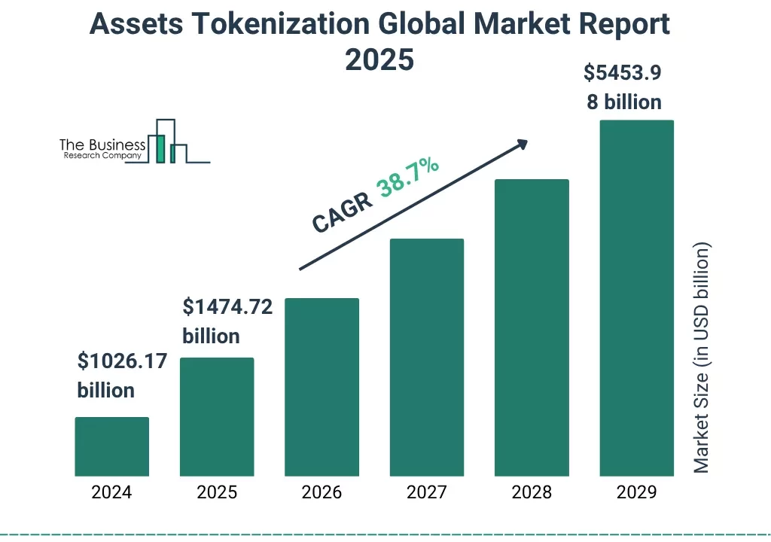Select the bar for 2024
pyautogui.click(x=112, y=446)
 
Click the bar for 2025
pyautogui.click(x=217, y=416)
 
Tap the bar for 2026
pyautogui.click(x=322, y=387)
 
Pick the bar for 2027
pyautogui.click(x=426, y=357)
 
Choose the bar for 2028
pyautogui.click(x=532, y=327)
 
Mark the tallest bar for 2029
pyautogui.click(x=636, y=298)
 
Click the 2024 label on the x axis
pyautogui.click(x=112, y=492)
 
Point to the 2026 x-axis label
pyautogui.click(x=322, y=492)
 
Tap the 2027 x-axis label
pyautogui.click(x=426, y=492)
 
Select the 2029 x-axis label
pyautogui.click(x=636, y=492)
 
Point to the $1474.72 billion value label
pyautogui.click(x=227, y=321)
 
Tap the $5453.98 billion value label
pyautogui.click(x=624, y=87)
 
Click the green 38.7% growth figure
pyautogui.click(x=409, y=178)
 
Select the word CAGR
pyautogui.click(x=342, y=212)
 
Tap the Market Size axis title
pyautogui.click(x=702, y=358)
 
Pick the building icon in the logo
pyautogui.click(x=166, y=143)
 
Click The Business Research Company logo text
pyautogui.click(x=102, y=149)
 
